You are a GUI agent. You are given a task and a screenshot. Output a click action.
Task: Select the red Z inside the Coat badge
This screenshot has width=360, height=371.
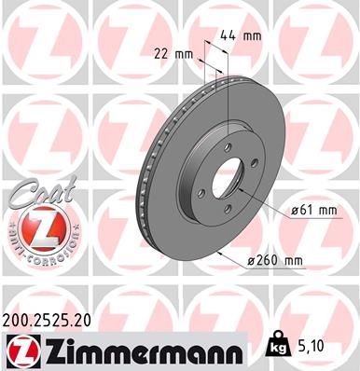pos(33,227)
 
